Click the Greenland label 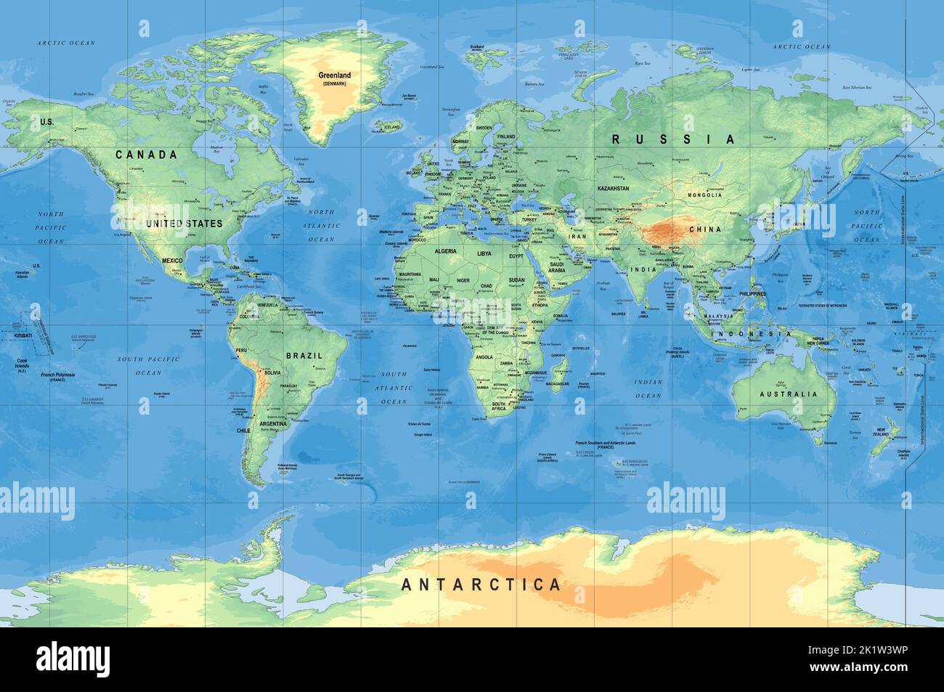334,75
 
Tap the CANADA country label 147,155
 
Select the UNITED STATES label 184,224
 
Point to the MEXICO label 172,260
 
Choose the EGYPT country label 516,257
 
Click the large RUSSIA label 672,139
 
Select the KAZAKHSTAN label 613,188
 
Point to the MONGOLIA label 704,195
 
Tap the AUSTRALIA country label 788,394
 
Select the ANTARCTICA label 481,584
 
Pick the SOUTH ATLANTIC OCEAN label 394,388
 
